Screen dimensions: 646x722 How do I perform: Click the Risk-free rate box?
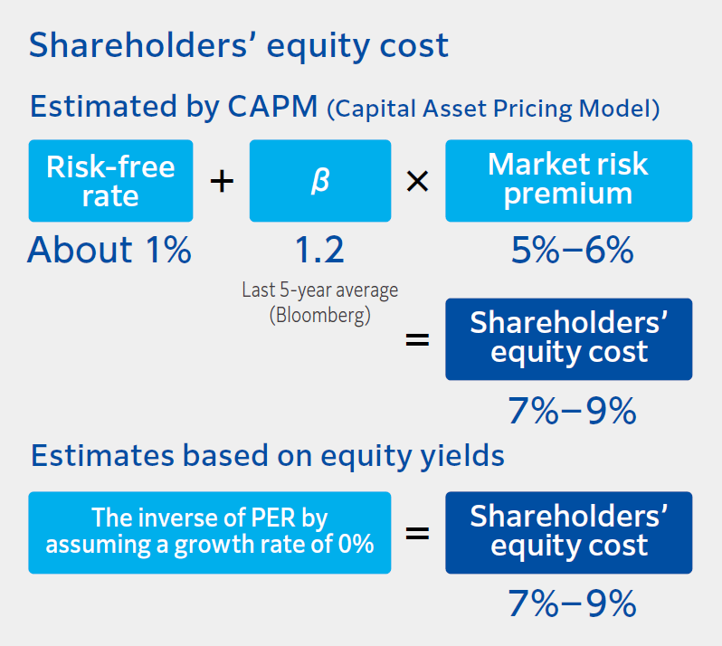[110, 180]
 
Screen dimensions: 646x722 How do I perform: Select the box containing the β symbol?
[320, 180]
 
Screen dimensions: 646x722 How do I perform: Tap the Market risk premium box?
[568, 180]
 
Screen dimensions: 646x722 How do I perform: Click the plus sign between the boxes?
[222, 181]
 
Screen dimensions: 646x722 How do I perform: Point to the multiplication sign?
[417, 181]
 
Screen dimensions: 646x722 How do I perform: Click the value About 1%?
[109, 251]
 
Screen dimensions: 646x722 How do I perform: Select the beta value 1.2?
[320, 251]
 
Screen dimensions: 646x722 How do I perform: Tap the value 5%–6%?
[572, 251]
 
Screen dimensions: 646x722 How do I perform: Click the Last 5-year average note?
[320, 290]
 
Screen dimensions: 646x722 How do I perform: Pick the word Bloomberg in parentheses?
[320, 317]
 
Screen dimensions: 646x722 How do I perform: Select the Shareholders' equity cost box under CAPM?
[568, 338]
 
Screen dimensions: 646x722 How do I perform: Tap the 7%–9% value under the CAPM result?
[572, 412]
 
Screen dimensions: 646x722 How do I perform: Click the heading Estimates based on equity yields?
[268, 455]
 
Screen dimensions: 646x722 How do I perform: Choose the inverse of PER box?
[210, 532]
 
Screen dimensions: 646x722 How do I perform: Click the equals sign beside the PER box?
[417, 533]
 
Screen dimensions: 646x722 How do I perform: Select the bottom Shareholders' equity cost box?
[568, 532]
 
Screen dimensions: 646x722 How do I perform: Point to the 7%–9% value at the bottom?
[572, 603]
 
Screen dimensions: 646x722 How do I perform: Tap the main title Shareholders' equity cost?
[239, 44]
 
